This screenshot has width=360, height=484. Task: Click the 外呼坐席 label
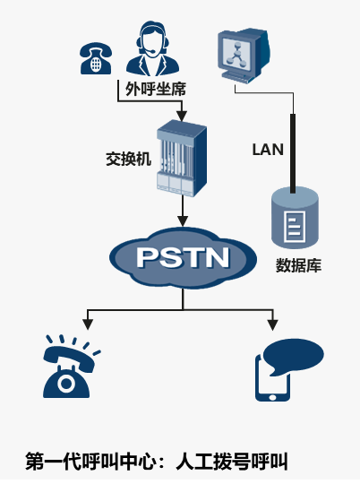(x=156, y=90)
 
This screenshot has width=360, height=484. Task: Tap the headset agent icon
(x=153, y=48)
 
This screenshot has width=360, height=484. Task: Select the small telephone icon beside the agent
(x=96, y=58)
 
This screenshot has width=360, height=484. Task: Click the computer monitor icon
(x=243, y=56)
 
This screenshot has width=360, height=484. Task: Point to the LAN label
(x=268, y=150)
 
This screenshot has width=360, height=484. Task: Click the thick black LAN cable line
(x=293, y=153)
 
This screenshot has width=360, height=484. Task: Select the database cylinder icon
(x=295, y=217)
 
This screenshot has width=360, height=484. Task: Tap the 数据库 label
(x=298, y=265)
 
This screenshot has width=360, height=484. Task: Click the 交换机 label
(x=129, y=159)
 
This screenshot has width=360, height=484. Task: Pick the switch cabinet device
(x=182, y=158)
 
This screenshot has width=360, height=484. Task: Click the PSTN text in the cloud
(x=184, y=257)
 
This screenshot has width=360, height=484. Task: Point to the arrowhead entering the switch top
(x=182, y=116)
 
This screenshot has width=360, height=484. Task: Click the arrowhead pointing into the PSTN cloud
(x=183, y=221)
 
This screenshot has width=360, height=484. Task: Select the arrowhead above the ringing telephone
(x=88, y=324)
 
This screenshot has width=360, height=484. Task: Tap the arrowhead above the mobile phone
(x=272, y=325)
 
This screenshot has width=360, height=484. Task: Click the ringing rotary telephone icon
(x=72, y=367)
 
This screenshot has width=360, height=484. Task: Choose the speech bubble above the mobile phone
(x=294, y=356)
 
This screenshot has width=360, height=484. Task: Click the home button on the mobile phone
(x=272, y=397)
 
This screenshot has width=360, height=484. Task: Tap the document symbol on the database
(x=295, y=226)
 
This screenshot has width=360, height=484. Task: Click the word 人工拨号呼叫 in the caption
(x=232, y=462)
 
